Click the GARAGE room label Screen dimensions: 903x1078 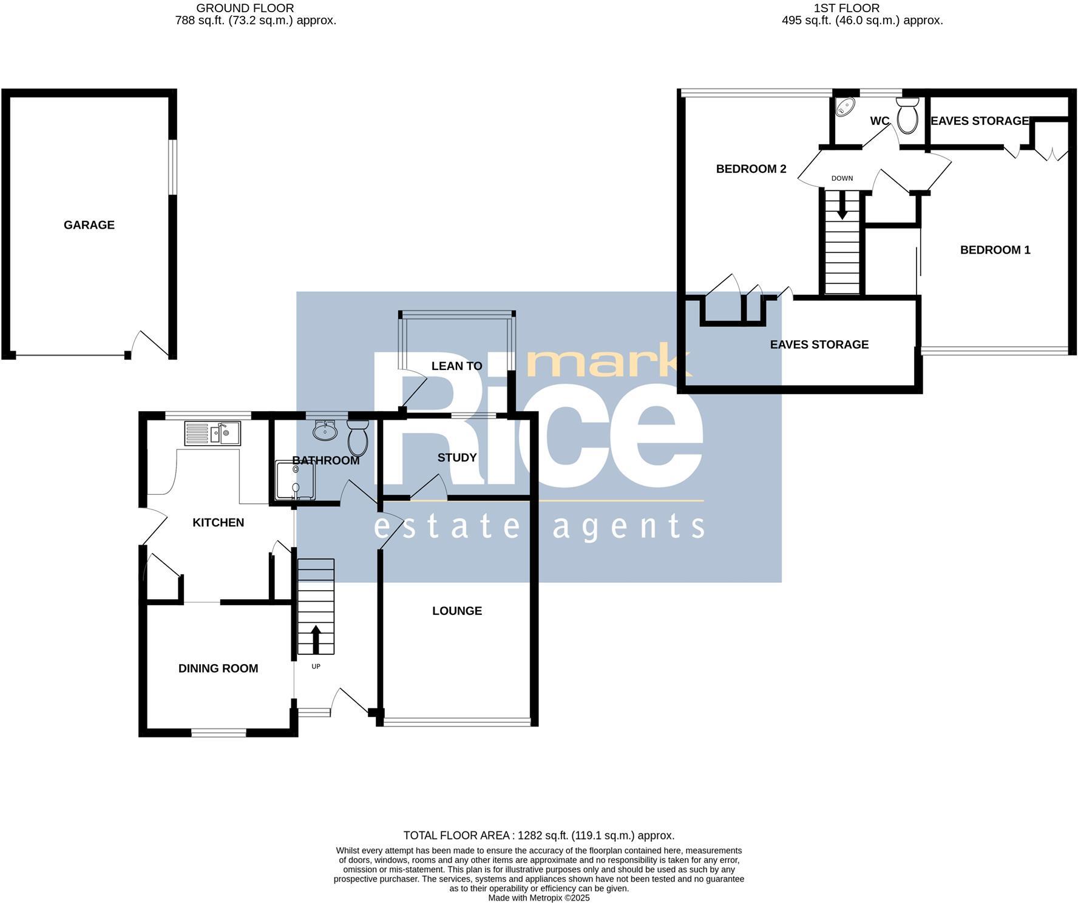click(x=89, y=225)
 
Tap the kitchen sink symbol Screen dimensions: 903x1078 click(x=213, y=434)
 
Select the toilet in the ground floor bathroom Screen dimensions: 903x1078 click(x=358, y=438)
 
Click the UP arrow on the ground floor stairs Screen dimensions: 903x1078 click(x=316, y=639)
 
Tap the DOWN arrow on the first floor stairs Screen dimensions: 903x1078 click(x=842, y=206)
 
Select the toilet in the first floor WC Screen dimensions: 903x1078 click(x=908, y=117)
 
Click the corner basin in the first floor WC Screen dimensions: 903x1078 click(x=844, y=107)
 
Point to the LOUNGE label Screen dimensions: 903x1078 click(x=457, y=611)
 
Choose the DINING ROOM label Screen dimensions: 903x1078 click(x=218, y=668)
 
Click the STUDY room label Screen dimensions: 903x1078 click(x=457, y=457)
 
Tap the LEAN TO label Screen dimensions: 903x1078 click(x=456, y=366)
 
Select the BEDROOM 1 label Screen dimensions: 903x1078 click(x=995, y=250)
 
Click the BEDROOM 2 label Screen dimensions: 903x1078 click(x=751, y=169)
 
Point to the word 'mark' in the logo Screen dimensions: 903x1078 click(x=602, y=362)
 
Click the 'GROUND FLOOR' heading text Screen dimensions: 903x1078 click(x=245, y=8)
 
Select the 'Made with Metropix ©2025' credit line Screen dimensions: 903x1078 click(x=538, y=898)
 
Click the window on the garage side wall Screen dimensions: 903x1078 click(x=173, y=167)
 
